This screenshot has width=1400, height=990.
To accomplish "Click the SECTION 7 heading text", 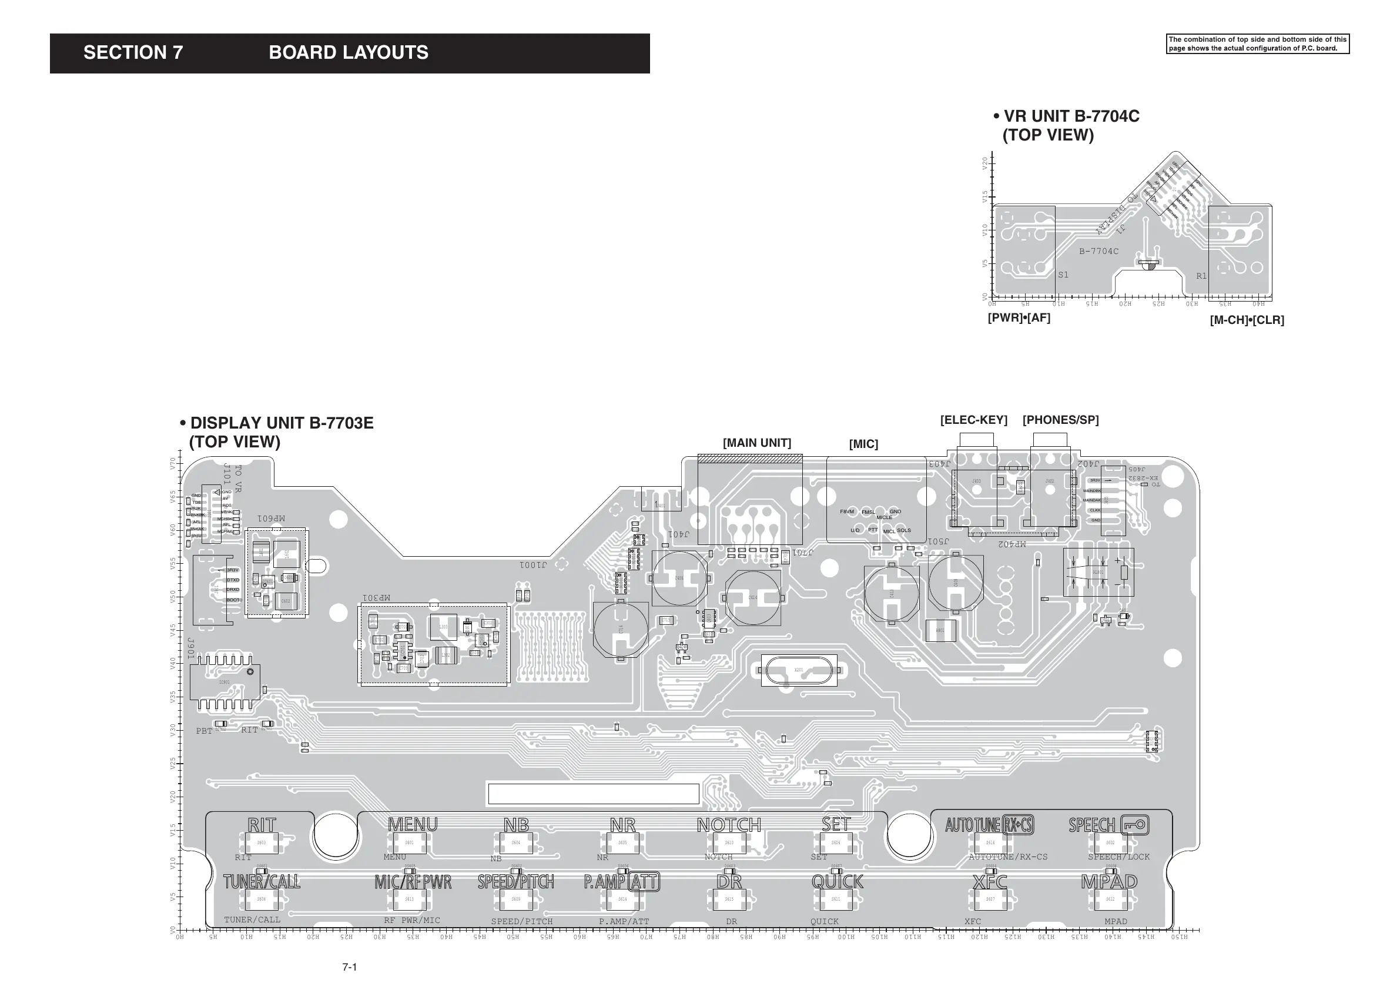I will (x=133, y=53).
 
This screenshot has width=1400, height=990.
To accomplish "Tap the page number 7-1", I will (x=349, y=967).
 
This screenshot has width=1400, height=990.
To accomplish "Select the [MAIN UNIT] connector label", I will (x=756, y=443).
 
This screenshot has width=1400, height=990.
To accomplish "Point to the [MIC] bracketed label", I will (x=863, y=444).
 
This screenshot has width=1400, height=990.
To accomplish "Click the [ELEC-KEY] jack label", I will (x=973, y=420).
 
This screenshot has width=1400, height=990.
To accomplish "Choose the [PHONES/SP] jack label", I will (x=1060, y=420).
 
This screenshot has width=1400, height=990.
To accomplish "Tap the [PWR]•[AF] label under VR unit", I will (x=1019, y=318).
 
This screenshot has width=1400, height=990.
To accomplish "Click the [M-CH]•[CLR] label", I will (x=1247, y=320).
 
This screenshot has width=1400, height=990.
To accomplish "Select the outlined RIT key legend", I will (x=262, y=825).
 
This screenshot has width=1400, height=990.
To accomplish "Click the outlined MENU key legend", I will (x=413, y=825).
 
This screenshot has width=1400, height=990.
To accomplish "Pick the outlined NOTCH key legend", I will (x=729, y=825).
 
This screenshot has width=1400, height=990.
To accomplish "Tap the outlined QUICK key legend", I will (x=837, y=882).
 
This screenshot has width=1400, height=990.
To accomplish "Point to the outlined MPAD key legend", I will (x=1109, y=882).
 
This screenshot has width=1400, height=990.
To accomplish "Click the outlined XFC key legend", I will (x=989, y=882).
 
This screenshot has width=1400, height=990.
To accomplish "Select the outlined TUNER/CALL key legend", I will (x=262, y=882).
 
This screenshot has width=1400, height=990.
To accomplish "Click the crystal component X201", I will (x=799, y=670).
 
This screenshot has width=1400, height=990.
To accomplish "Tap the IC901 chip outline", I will (x=225, y=682).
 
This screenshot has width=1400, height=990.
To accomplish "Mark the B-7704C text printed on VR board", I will (x=1098, y=251).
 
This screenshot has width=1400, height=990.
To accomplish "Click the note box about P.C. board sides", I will (x=1257, y=44).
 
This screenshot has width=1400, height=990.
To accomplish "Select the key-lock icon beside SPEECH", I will (x=1135, y=825).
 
